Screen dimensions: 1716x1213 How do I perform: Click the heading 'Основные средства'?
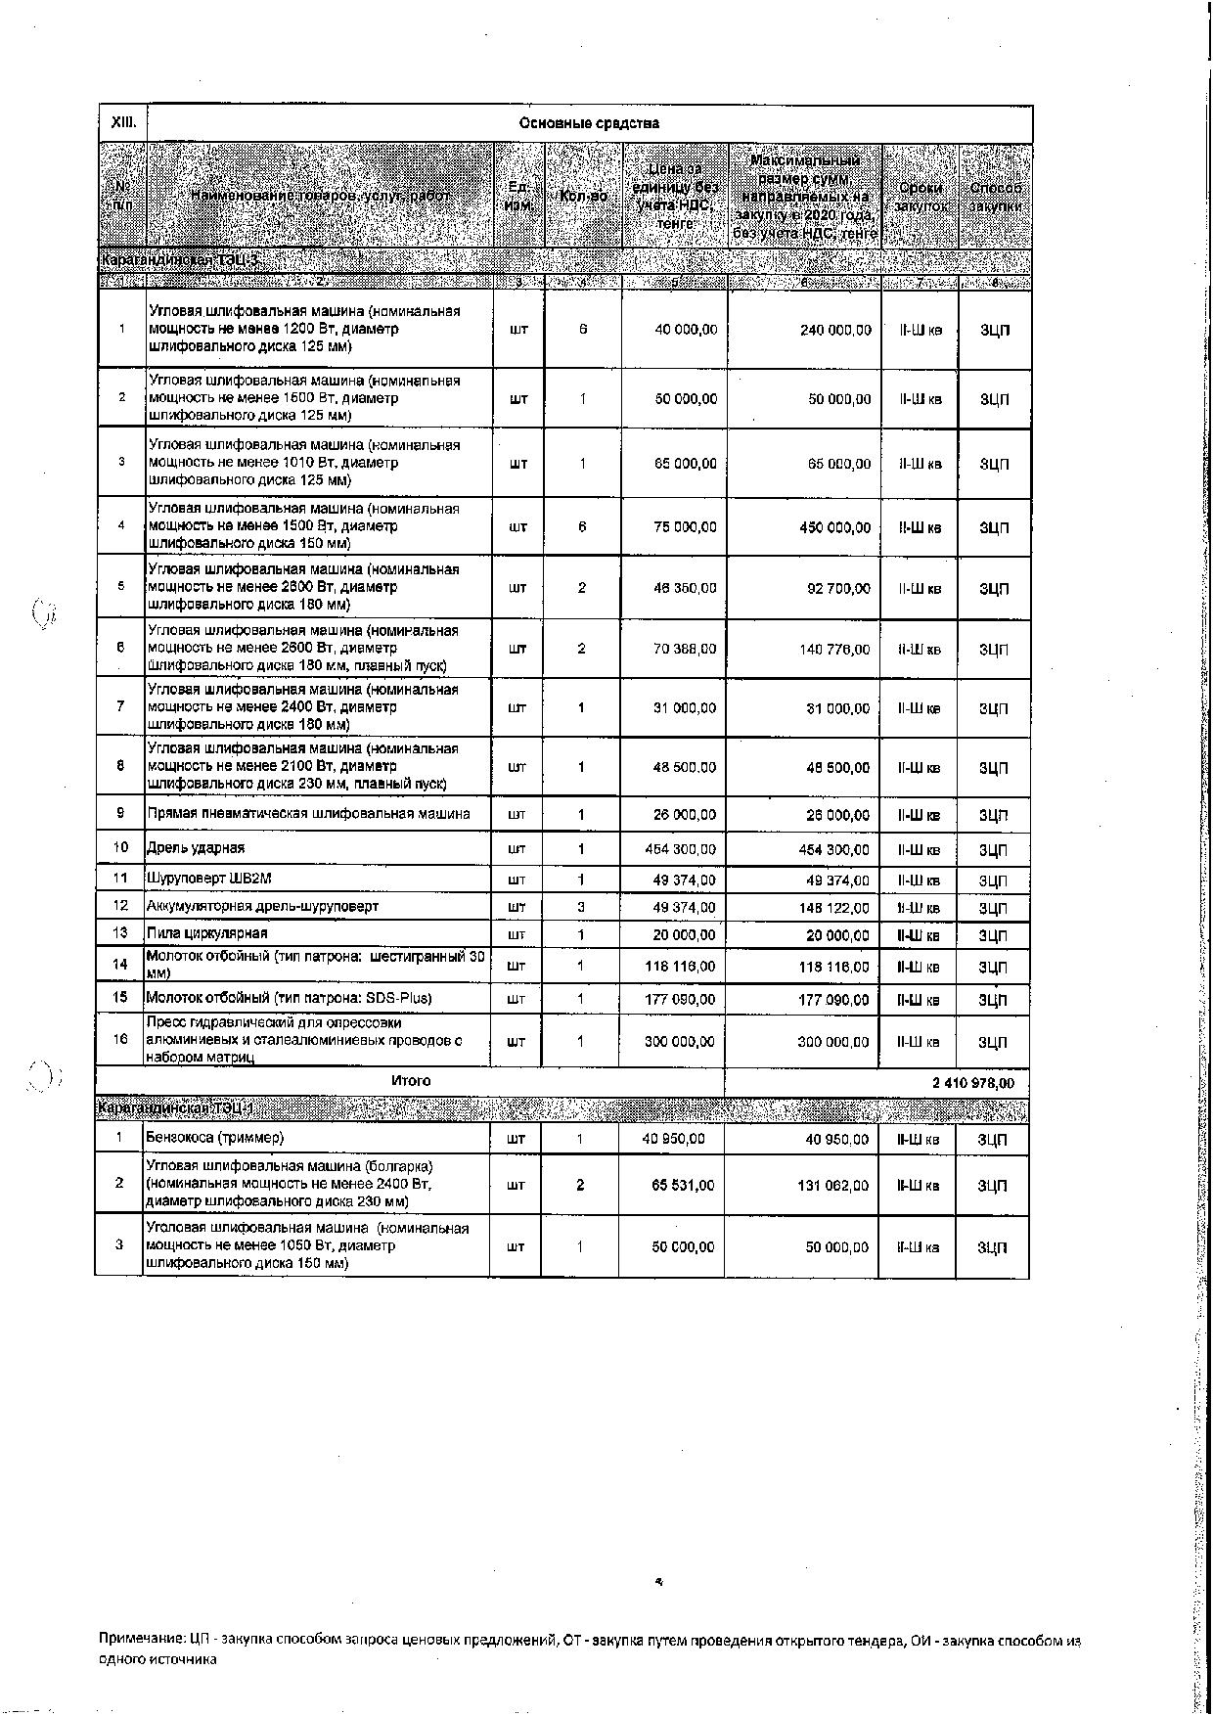point(589,123)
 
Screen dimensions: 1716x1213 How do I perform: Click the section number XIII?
point(122,123)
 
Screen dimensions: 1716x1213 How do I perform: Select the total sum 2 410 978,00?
point(972,1083)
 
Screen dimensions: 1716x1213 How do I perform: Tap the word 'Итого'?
point(411,1081)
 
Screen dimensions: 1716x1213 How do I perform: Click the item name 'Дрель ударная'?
point(196,848)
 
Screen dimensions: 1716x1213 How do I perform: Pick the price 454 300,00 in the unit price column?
point(681,849)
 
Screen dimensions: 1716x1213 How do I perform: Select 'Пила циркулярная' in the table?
point(206,933)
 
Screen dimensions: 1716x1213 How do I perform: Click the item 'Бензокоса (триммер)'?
point(215,1138)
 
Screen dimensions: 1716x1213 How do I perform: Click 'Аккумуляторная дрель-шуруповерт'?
point(262,906)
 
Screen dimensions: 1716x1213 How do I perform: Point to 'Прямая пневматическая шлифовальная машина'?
point(308,814)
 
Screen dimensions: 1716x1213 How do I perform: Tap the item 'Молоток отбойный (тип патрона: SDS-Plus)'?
point(289,998)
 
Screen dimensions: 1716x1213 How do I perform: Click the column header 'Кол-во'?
point(583,196)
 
